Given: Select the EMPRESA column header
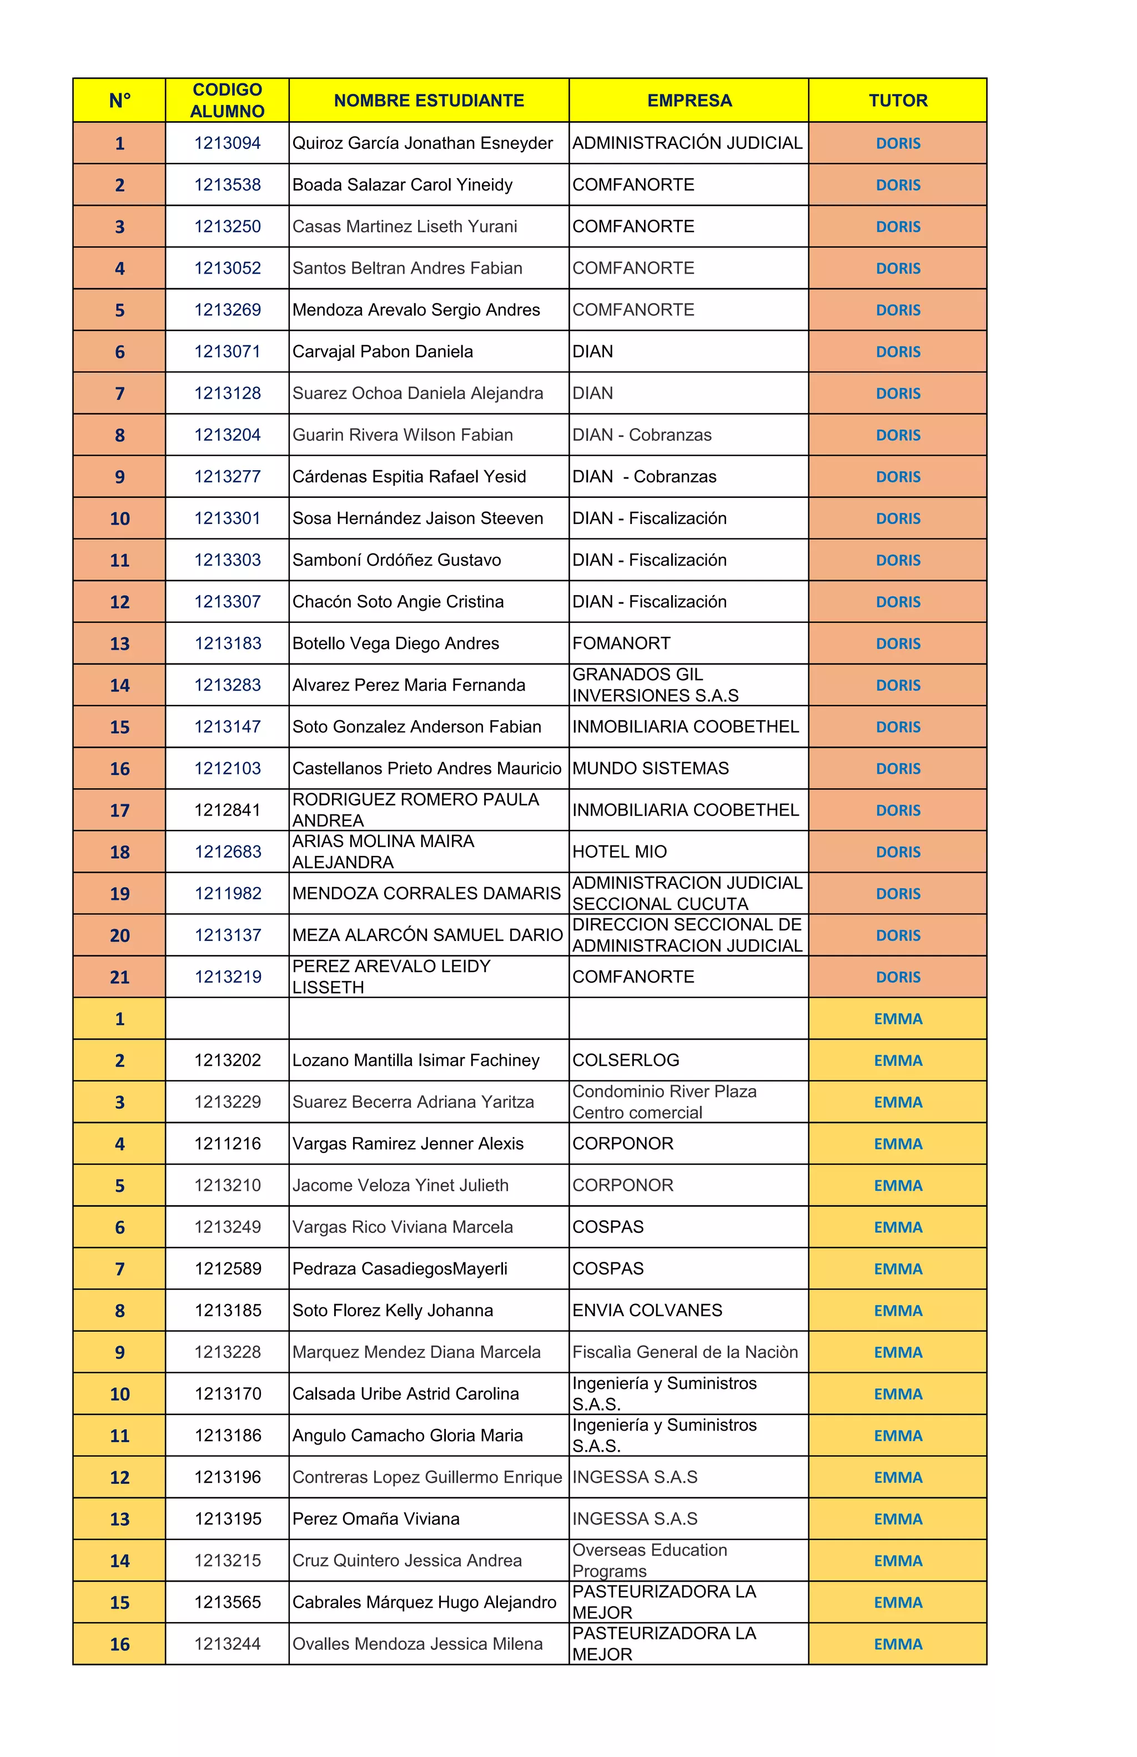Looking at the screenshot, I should [x=689, y=100].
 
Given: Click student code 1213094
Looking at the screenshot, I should [x=228, y=143].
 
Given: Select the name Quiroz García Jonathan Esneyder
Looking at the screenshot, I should [x=422, y=143].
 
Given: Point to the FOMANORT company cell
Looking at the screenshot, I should [x=621, y=643].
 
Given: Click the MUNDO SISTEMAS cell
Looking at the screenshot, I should [x=651, y=768].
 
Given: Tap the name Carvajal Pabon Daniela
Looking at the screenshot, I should [x=383, y=351].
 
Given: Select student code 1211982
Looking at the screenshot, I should [x=228, y=893].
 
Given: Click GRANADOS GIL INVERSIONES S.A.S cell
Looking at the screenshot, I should [x=655, y=685].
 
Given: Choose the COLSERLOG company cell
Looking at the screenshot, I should [x=625, y=1060].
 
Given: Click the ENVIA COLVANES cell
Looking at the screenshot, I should [x=647, y=1310].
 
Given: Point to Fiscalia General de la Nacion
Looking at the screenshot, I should [x=685, y=1352].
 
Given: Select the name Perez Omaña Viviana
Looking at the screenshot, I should [x=376, y=1518].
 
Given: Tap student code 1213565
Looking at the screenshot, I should [x=228, y=1602].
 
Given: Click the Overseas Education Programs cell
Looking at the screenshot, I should [x=650, y=1560].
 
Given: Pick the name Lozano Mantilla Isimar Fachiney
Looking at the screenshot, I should [x=416, y=1060].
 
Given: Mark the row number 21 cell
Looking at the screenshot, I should [x=119, y=976].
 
